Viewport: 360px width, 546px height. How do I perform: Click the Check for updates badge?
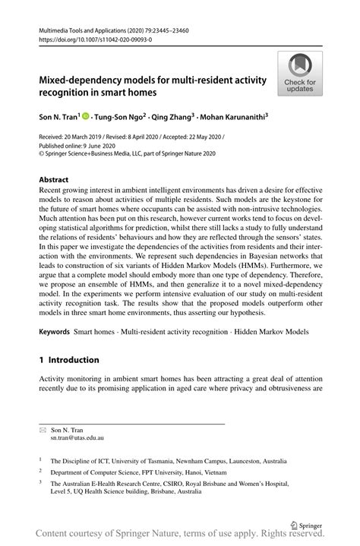tap(301, 74)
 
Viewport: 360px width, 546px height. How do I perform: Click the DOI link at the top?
tap(90, 39)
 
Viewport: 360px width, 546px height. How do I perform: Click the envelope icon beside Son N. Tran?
tap(43, 430)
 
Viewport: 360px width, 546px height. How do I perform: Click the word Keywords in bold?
tap(54, 333)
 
